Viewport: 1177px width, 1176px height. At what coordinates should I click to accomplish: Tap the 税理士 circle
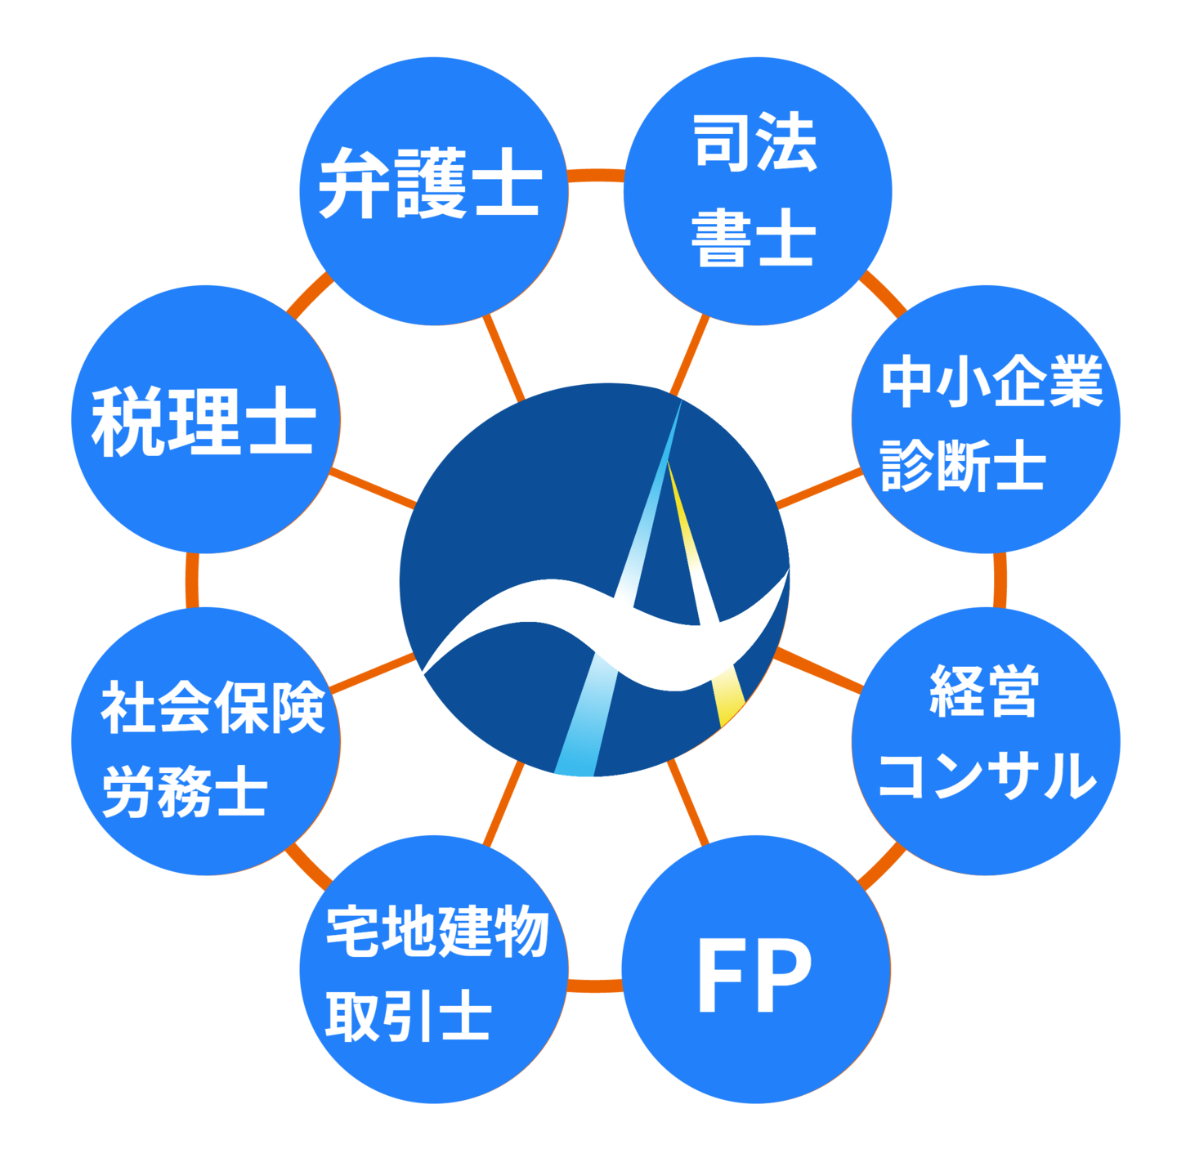[205, 419]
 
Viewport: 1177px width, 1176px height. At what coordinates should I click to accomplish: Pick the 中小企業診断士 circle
[986, 419]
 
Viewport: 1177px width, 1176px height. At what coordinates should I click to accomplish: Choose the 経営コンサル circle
[986, 740]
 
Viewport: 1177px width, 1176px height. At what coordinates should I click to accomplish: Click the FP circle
[756, 969]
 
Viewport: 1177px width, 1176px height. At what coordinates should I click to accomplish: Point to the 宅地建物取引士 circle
[433, 969]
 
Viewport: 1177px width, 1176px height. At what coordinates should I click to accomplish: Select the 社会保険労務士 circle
[205, 740]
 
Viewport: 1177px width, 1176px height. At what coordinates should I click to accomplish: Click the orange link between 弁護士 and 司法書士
[595, 176]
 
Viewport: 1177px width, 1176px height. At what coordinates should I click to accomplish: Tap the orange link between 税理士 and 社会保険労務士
[192, 580]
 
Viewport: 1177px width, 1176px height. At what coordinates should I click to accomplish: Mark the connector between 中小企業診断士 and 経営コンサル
[999, 580]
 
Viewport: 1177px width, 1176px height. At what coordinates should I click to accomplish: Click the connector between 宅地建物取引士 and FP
[594, 986]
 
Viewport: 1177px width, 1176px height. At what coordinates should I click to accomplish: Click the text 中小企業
[991, 382]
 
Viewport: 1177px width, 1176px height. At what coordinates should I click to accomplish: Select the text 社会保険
[213, 708]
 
